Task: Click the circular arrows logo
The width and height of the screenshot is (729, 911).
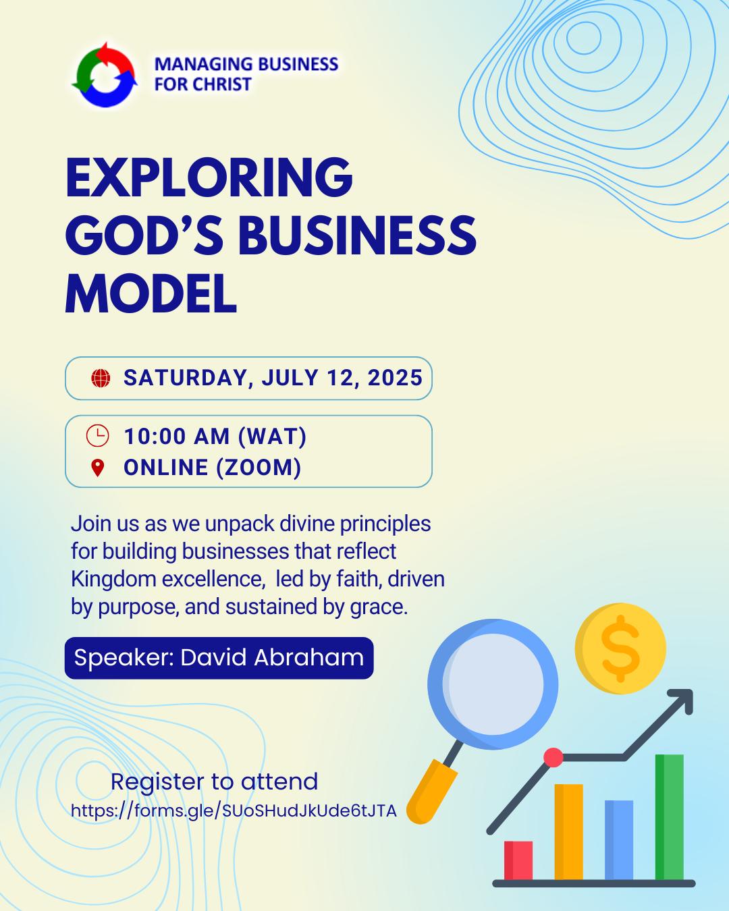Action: click(x=105, y=74)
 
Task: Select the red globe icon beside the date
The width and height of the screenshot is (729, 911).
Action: click(x=101, y=378)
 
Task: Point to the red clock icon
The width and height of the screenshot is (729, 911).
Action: click(x=97, y=435)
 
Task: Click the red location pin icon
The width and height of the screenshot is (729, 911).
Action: click(x=98, y=468)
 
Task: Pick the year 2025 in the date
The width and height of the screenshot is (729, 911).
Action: click(x=395, y=378)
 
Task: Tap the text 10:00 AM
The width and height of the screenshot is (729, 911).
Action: click(x=177, y=436)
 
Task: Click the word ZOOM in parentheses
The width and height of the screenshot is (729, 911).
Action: click(x=259, y=468)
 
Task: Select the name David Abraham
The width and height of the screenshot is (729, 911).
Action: click(x=272, y=658)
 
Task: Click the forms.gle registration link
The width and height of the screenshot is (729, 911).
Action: click(x=234, y=810)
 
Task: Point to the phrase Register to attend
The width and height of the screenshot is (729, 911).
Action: click(x=214, y=781)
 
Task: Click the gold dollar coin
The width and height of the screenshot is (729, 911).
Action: click(x=620, y=648)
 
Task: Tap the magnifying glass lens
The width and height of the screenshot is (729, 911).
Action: click(x=493, y=684)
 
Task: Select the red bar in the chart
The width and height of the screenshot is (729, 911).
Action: click(x=518, y=860)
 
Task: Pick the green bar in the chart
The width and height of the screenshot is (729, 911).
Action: click(x=670, y=817)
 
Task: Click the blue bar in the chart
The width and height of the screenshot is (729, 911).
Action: click(x=619, y=840)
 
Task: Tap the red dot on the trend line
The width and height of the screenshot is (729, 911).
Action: click(x=553, y=757)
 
